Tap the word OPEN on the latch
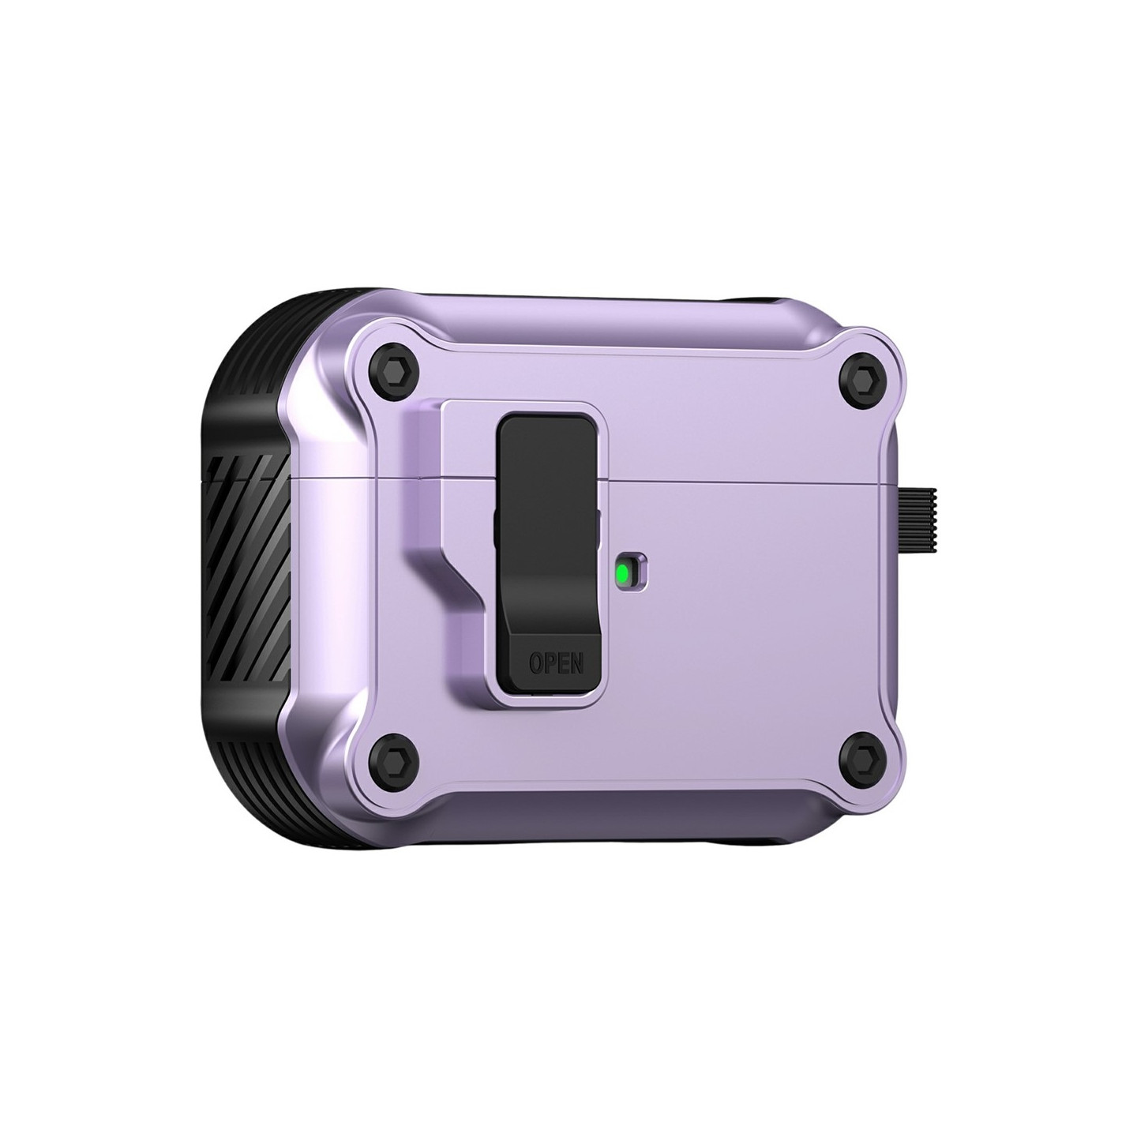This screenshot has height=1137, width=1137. pyautogui.click(x=556, y=662)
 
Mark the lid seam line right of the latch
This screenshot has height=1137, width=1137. pyautogui.click(x=750, y=478)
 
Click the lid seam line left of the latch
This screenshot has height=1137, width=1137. pyautogui.click(x=355, y=478)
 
